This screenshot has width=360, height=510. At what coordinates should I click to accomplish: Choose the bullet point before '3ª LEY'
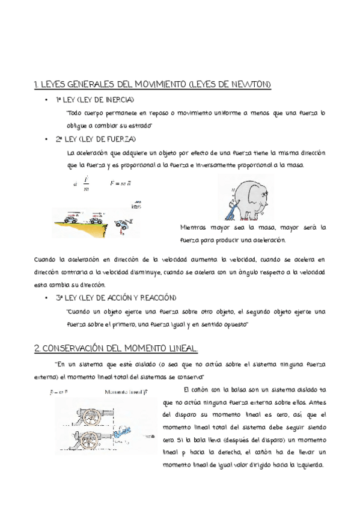(x=46, y=298)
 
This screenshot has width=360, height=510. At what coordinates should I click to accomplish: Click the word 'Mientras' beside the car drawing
(x=192, y=227)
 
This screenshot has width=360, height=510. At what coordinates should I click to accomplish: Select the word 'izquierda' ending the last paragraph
(x=308, y=464)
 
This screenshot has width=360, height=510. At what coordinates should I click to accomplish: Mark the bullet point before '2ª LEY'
(x=46, y=139)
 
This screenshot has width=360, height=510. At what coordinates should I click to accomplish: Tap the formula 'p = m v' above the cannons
(x=59, y=392)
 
